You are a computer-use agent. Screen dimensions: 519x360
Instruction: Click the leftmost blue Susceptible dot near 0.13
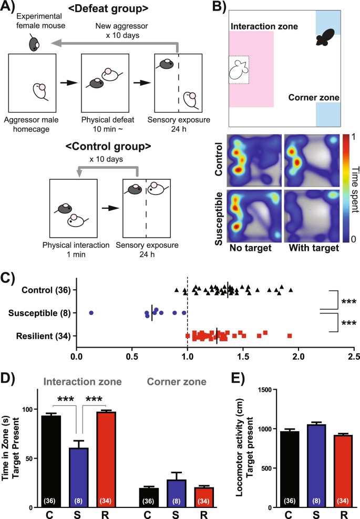coord(91,312)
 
